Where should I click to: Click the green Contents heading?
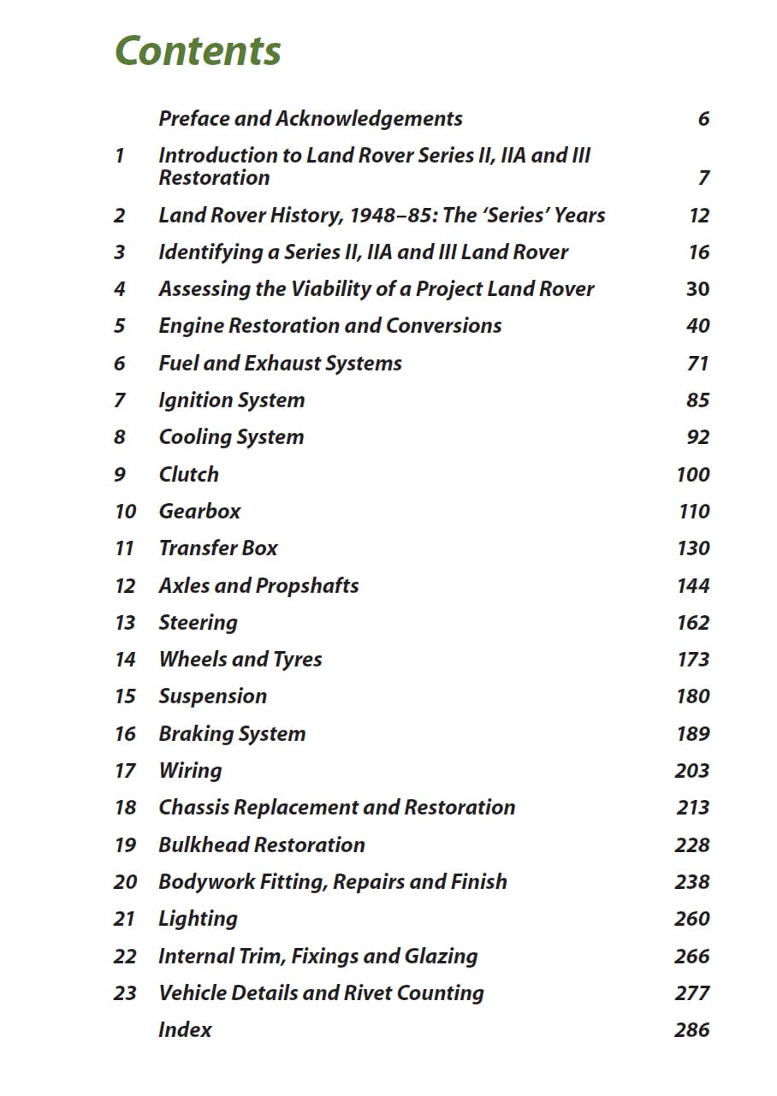click(x=198, y=51)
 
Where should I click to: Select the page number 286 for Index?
click(x=691, y=1030)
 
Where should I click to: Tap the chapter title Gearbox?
click(x=199, y=512)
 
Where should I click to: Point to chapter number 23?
click(x=125, y=993)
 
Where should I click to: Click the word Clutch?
click(x=188, y=475)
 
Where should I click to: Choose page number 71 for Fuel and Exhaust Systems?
click(x=697, y=364)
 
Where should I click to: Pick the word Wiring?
click(x=190, y=771)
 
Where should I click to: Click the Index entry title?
click(x=185, y=1030)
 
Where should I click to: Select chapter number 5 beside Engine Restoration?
click(x=119, y=326)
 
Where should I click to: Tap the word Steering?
click(x=198, y=623)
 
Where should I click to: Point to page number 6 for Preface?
click(x=703, y=119)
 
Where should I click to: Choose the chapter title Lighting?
click(x=198, y=919)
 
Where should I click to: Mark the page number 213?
click(x=691, y=808)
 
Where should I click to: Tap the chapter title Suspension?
click(x=212, y=696)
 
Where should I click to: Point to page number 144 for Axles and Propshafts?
click(x=692, y=586)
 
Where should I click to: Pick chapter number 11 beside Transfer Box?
click(x=124, y=548)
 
